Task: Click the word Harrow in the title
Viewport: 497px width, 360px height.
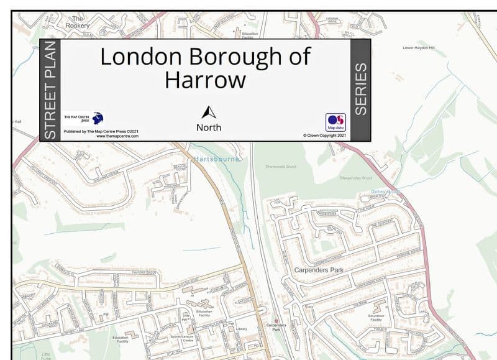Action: coord(205,80)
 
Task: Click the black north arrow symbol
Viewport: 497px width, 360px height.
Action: coord(209,113)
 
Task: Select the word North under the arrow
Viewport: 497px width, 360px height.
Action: coord(209,127)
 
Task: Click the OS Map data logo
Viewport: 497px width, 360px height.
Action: coord(335,121)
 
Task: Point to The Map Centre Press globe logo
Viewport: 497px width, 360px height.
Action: coord(97,118)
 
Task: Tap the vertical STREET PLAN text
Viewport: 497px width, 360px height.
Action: coord(50,91)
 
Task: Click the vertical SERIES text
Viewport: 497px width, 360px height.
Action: coord(360,88)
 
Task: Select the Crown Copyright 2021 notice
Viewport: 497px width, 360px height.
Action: coord(324,135)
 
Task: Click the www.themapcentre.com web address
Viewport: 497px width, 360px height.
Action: coord(117,136)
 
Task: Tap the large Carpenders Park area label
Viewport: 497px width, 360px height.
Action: coord(319,270)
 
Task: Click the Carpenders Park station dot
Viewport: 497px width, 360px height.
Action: coord(276,321)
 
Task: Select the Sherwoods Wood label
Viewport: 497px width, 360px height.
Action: coord(281,167)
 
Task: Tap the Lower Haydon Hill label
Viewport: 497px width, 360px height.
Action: coord(419,47)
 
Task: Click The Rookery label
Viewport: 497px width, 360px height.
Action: coord(78,22)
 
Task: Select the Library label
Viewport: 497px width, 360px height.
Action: coord(242,329)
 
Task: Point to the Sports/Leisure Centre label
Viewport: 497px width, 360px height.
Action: coord(187,338)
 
